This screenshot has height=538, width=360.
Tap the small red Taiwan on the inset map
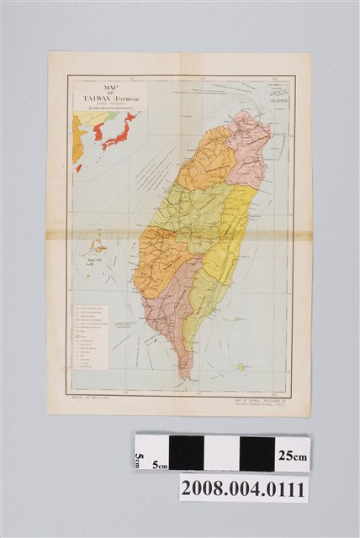click(79, 168)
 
